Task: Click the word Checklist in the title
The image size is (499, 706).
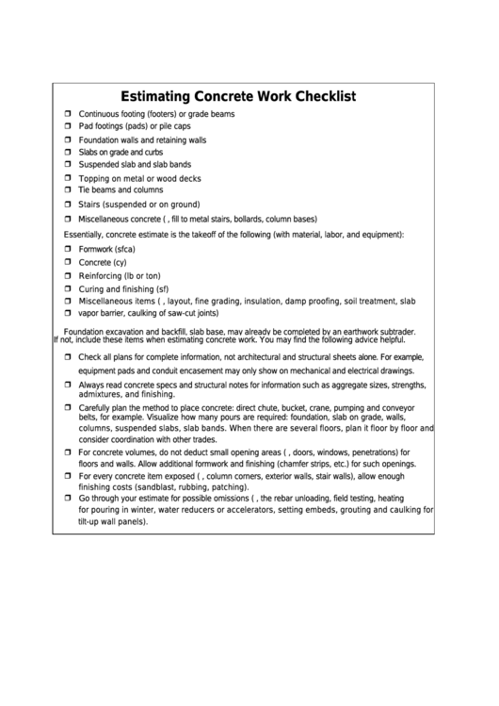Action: [x=315, y=96]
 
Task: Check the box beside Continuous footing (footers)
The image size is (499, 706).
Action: [x=68, y=114]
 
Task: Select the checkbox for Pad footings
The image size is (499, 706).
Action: [x=68, y=125]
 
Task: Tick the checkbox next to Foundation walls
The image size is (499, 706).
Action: [x=68, y=140]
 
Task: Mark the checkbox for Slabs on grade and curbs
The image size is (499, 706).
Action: [x=68, y=152]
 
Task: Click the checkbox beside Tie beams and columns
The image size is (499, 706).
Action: [x=68, y=189]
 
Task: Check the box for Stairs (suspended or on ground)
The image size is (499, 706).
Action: [x=68, y=204]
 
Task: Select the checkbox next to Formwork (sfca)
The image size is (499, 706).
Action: [x=68, y=248]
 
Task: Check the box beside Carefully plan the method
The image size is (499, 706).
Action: [x=68, y=407]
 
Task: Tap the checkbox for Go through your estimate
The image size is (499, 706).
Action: [x=68, y=499]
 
